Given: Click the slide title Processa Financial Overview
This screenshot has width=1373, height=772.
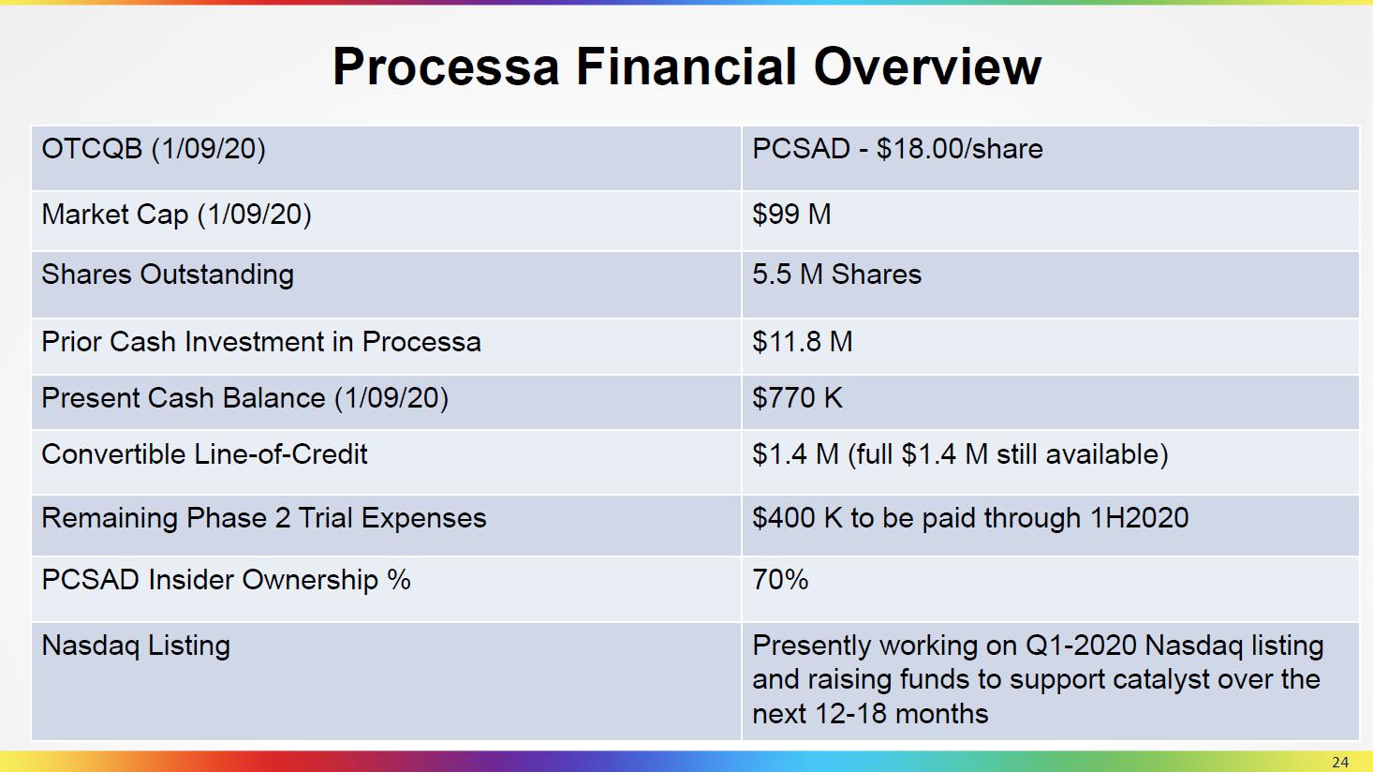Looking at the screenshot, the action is [686, 67].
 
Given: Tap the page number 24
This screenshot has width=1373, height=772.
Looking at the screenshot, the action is [1340, 763].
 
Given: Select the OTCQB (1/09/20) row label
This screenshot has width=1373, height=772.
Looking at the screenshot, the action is [154, 149].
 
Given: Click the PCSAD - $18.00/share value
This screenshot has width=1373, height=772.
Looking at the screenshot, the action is [897, 149].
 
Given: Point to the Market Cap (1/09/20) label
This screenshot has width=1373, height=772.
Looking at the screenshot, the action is [176, 215].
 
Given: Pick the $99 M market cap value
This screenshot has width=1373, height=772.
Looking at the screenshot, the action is [791, 214].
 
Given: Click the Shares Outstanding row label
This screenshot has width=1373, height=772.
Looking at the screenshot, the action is [168, 275].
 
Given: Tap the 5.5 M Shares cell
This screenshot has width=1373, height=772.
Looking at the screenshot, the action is [836, 275].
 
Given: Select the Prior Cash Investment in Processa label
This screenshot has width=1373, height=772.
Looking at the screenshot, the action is [261, 342].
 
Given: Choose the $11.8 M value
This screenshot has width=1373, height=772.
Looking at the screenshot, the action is [803, 342].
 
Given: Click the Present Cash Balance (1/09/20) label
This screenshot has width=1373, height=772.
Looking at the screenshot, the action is [245, 398].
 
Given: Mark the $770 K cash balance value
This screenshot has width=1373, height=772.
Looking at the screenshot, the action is [797, 398].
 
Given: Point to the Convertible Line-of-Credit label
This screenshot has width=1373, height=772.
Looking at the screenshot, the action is [204, 454].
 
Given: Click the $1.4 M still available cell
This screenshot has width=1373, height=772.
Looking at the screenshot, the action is [961, 454].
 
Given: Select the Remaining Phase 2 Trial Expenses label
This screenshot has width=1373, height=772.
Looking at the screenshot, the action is [263, 518].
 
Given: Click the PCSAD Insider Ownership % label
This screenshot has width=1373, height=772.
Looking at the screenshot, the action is [226, 579].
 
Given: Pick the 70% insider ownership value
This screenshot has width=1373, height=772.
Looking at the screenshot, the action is [780, 579].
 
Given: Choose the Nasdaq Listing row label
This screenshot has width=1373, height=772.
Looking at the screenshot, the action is [136, 646].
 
